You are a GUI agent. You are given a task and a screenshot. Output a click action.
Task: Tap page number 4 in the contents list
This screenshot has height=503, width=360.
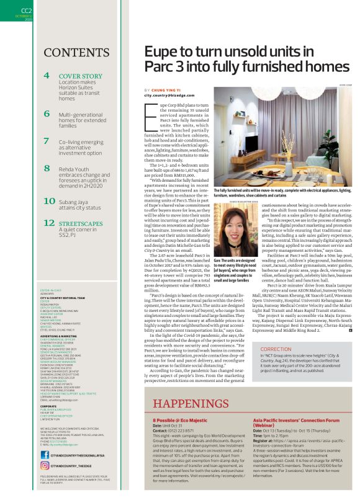[47, 76]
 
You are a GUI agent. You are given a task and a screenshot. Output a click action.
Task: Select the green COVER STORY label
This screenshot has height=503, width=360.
[81, 76]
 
